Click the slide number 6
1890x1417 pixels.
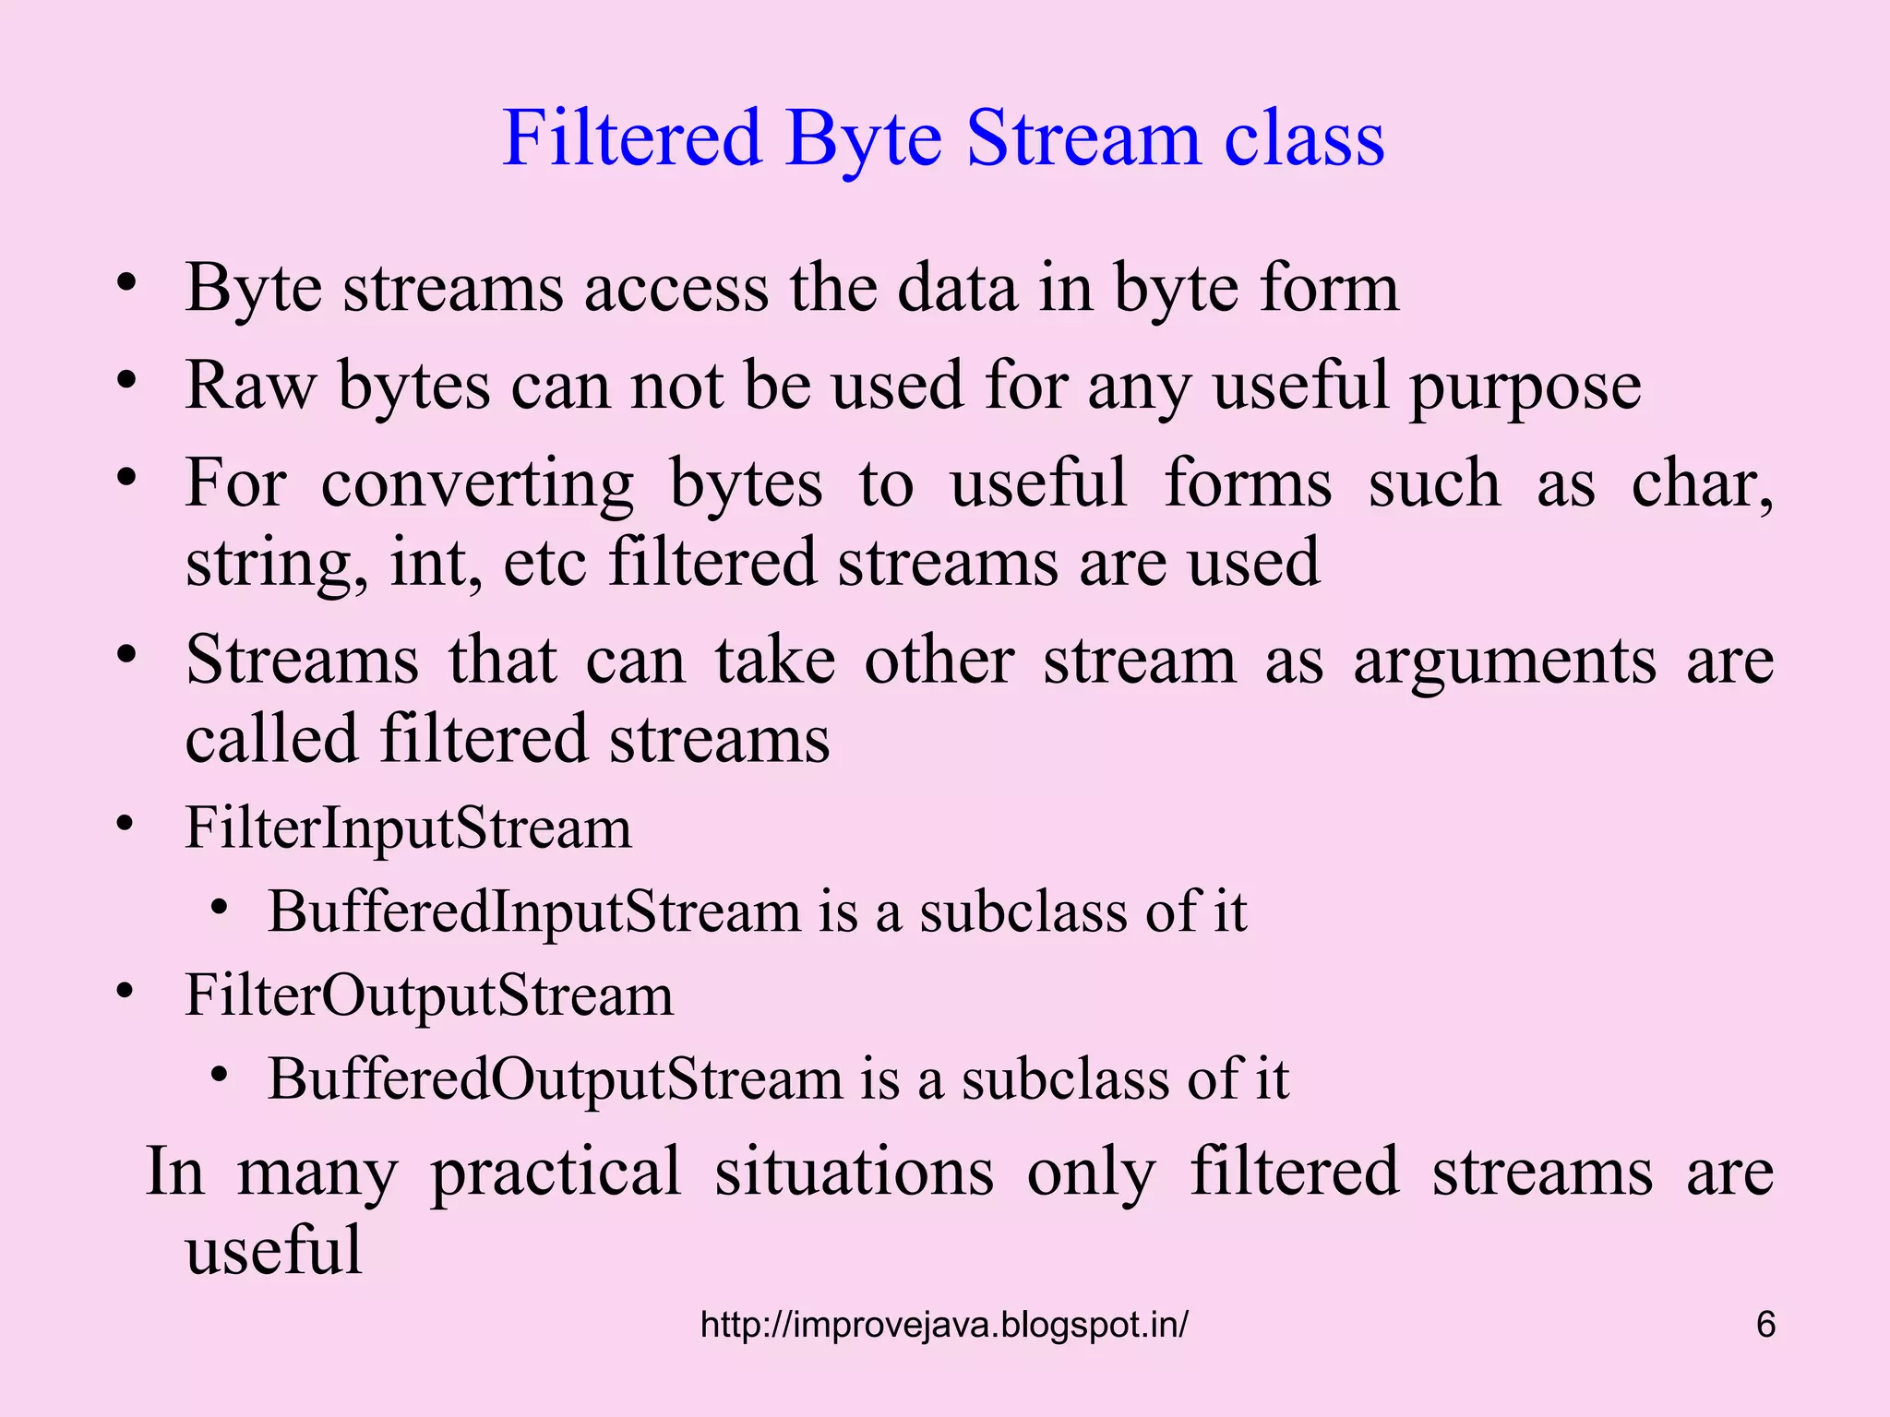coord(1765,1325)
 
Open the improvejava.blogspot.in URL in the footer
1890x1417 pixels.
coord(944,1325)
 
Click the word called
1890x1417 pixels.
coord(271,738)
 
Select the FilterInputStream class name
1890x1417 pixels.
coord(409,827)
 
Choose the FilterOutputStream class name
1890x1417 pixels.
coord(429,994)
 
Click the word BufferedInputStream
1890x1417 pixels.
coord(534,911)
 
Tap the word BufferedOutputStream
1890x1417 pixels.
coord(556,1078)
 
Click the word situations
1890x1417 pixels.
coord(855,1172)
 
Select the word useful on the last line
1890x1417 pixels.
coord(274,1250)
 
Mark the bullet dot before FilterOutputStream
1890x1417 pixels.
coord(126,992)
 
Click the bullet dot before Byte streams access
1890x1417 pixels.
coord(126,282)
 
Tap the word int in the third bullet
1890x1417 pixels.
coord(434,562)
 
